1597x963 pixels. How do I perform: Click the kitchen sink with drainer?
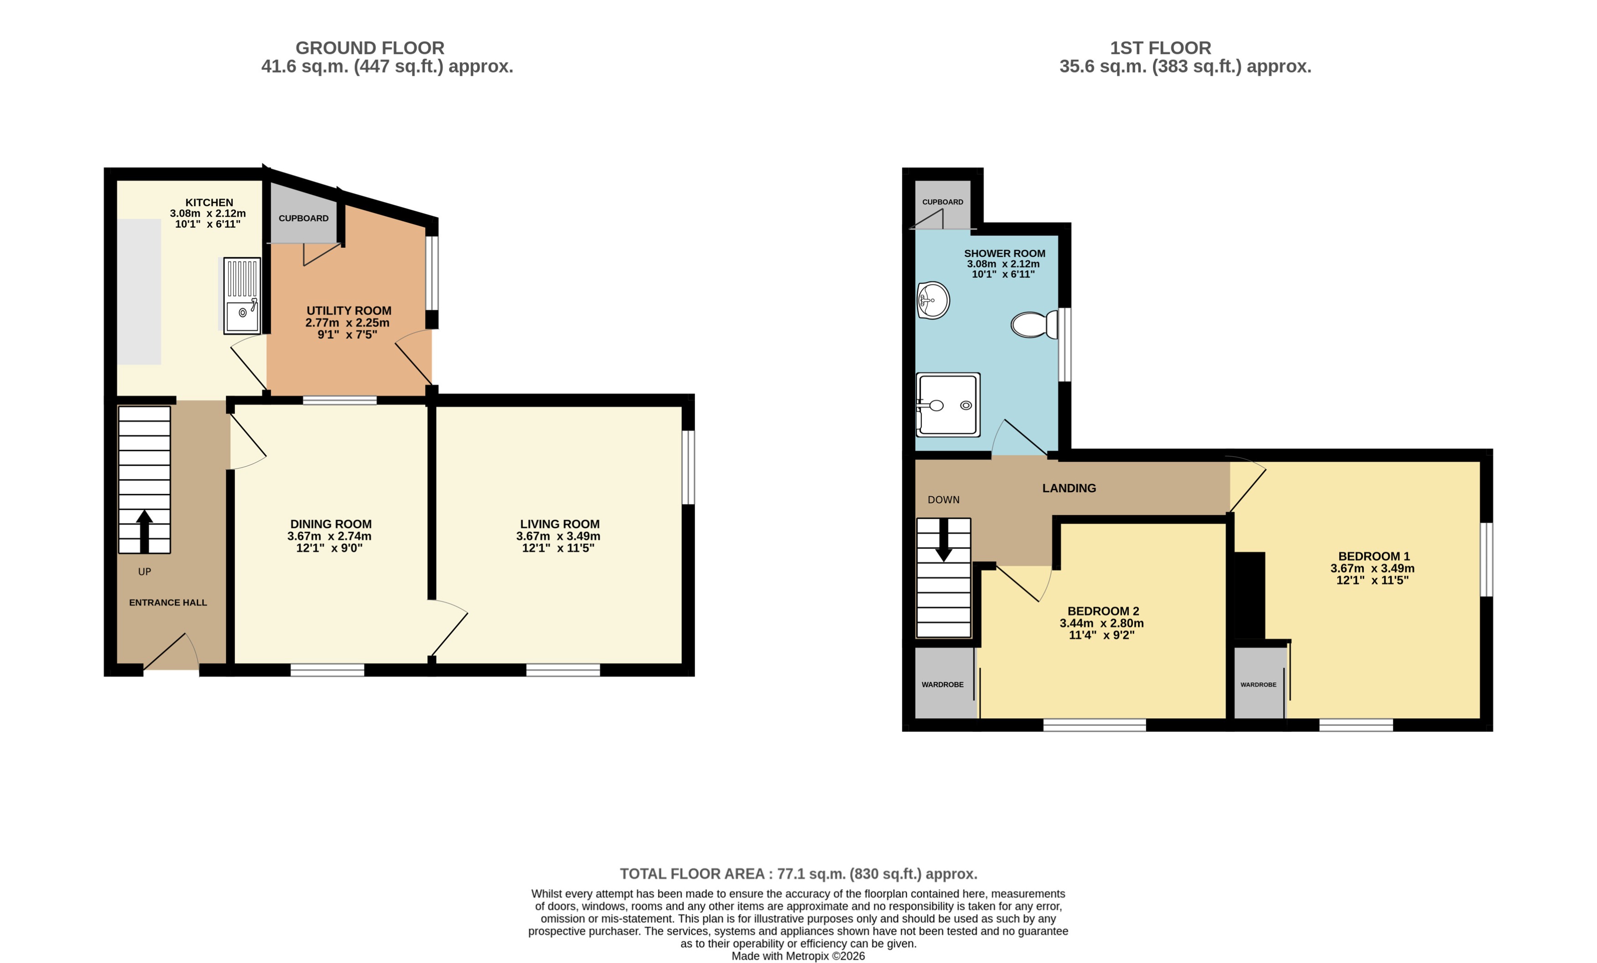[x=242, y=296]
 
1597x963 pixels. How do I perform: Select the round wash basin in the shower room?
[x=933, y=301]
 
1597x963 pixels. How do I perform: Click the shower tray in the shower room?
[x=948, y=405]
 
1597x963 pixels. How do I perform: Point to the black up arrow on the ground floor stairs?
[x=145, y=531]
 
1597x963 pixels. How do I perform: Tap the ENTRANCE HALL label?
[x=168, y=603]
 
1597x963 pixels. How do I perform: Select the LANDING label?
[x=1069, y=489]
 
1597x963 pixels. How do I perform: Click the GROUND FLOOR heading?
[x=370, y=48]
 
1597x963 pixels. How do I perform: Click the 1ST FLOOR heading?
[x=1160, y=48]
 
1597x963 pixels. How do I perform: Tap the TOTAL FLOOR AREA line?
[x=798, y=874]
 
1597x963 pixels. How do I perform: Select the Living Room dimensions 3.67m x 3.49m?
[x=558, y=536]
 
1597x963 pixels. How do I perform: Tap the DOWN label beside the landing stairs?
[x=943, y=500]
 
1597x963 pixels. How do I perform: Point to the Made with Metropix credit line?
[x=798, y=956]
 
